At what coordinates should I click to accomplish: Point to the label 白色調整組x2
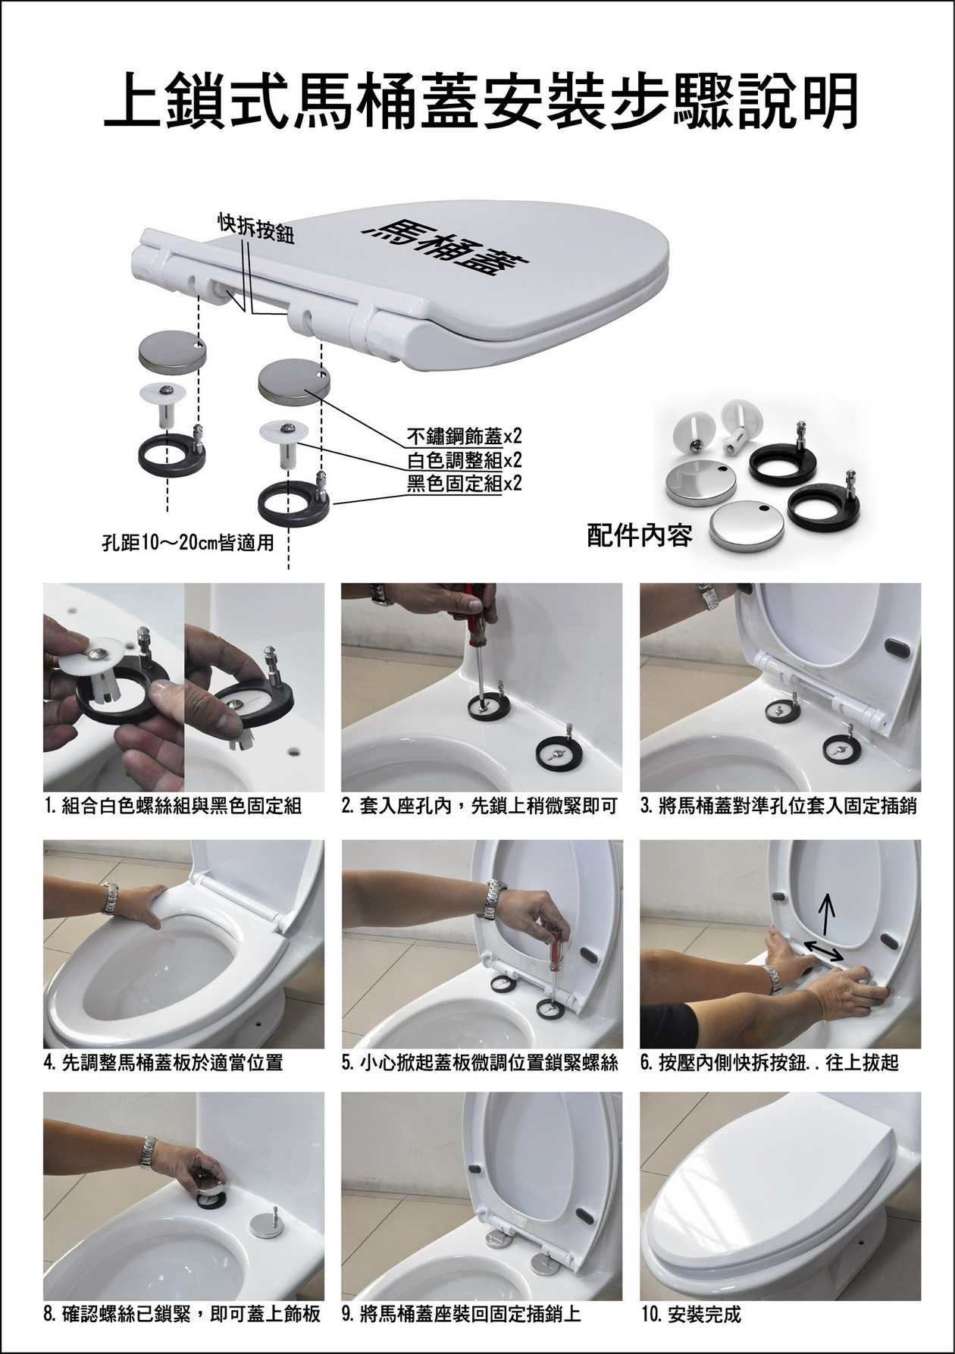465,460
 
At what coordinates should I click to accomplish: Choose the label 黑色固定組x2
465,483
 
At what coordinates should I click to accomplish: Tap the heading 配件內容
640,536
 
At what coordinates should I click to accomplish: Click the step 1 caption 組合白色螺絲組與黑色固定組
174,807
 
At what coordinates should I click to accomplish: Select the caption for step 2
480,807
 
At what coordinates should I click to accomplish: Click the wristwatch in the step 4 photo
111,898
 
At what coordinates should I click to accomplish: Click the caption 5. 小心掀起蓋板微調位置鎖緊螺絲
480,1063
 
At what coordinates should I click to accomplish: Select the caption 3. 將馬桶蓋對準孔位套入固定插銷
778,807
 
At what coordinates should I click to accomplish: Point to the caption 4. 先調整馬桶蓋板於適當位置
164,1063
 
